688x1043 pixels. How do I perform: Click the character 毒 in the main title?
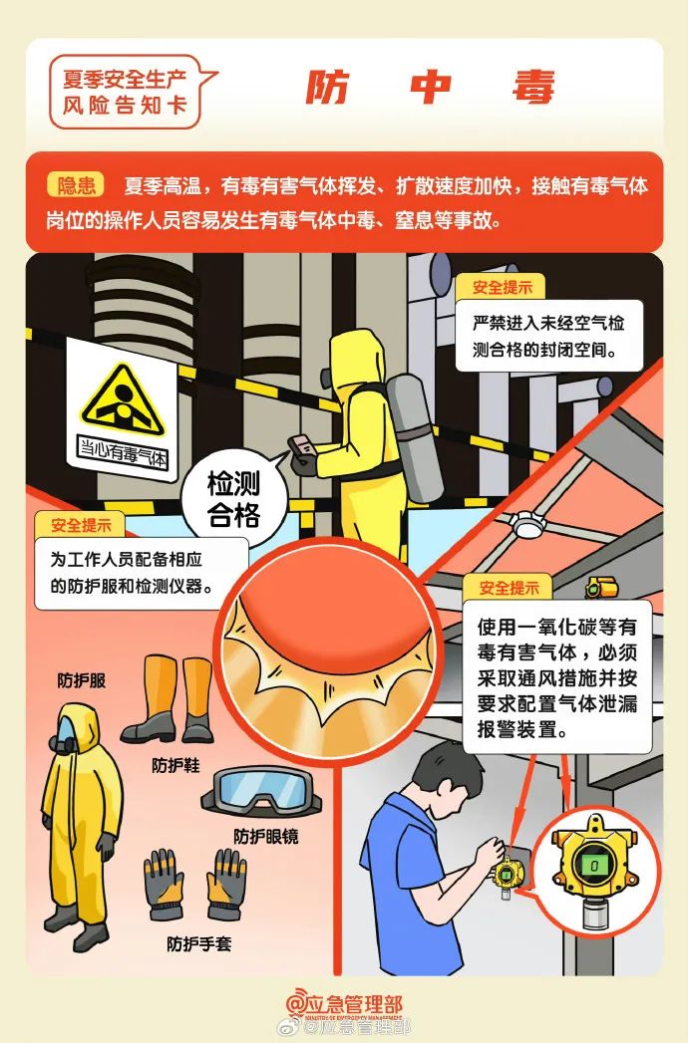534,89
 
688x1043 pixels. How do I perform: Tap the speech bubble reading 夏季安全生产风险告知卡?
125,90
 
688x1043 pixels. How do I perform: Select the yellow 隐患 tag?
76,185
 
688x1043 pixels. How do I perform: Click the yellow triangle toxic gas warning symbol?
122,397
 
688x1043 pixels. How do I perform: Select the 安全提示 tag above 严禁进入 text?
502,288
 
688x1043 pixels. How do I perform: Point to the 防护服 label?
82,681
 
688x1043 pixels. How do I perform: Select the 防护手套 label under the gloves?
199,942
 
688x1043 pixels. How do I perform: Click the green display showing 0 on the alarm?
594,866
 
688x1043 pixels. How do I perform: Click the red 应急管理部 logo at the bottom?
344,1005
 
